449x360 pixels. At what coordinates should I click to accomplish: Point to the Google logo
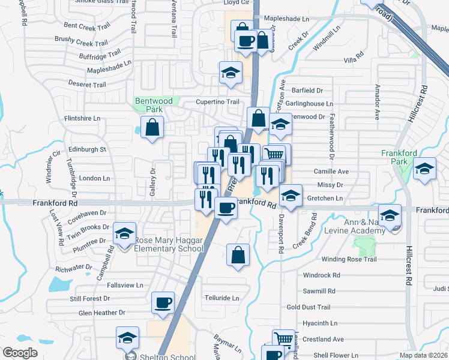point(20,353)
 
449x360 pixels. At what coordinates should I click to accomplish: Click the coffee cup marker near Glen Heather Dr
point(163,302)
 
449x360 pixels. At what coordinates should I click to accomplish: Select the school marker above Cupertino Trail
point(231,73)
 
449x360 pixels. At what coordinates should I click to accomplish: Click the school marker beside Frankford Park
point(424,169)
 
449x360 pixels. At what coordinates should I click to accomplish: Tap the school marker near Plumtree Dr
point(125,233)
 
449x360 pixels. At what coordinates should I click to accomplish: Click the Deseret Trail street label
point(88,85)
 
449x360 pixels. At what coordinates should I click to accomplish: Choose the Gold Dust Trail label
point(309,307)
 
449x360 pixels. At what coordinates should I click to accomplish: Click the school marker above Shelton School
point(127,337)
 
